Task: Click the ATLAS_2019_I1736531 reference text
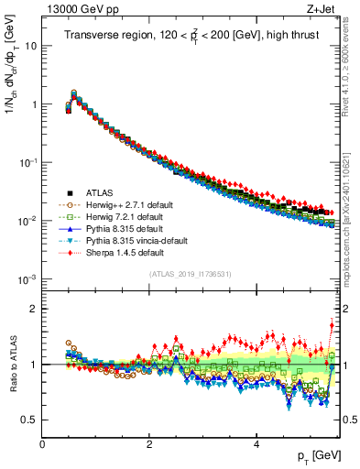pyautogui.click(x=191, y=274)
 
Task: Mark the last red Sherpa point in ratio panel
pyautogui.click(x=332, y=322)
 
